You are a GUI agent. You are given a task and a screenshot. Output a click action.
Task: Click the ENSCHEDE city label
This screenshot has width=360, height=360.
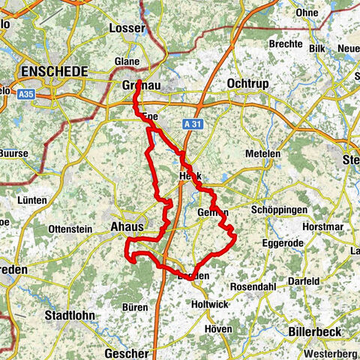click(x=55, y=71)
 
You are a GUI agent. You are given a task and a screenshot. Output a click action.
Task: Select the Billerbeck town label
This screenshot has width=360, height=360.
click(x=318, y=331)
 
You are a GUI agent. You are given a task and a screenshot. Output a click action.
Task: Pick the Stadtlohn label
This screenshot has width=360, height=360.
click(x=70, y=315)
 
